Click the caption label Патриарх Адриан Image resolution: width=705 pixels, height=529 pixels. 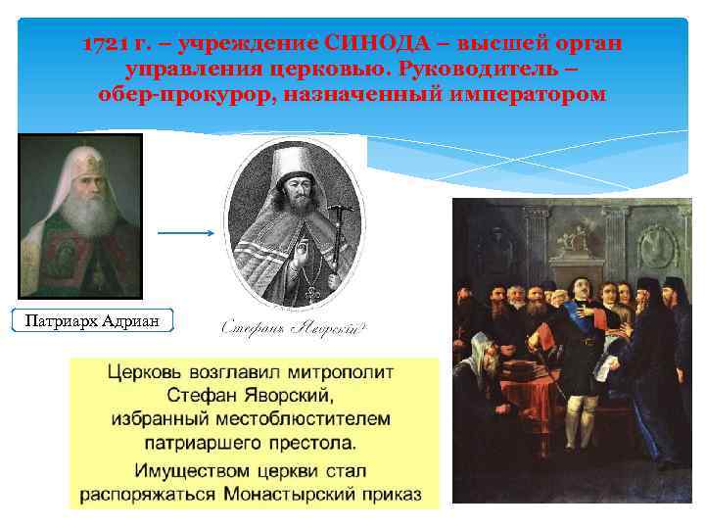[90, 320]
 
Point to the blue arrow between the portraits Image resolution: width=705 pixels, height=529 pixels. [185, 233]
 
